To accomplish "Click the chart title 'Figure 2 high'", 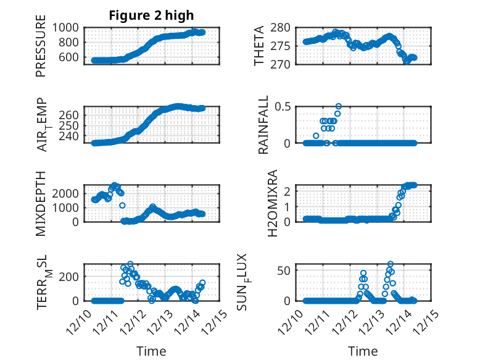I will coord(151,15).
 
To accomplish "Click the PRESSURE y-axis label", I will coord(41,51).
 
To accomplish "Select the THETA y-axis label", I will coord(259,46).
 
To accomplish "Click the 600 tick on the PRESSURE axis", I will coord(68,57).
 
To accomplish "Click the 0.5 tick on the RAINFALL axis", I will coord(283,107).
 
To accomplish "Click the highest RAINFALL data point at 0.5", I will coord(338,106).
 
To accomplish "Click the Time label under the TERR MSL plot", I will coord(151,351).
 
